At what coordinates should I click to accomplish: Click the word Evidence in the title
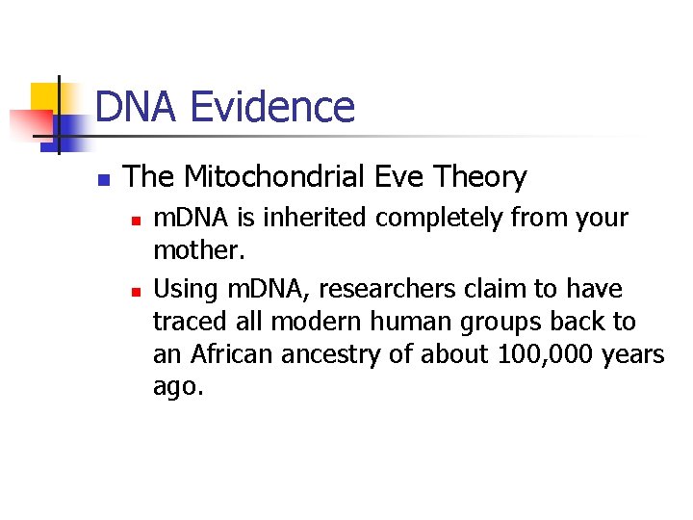[272, 107]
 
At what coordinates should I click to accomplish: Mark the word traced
[186, 322]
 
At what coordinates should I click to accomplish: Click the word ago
[177, 388]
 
